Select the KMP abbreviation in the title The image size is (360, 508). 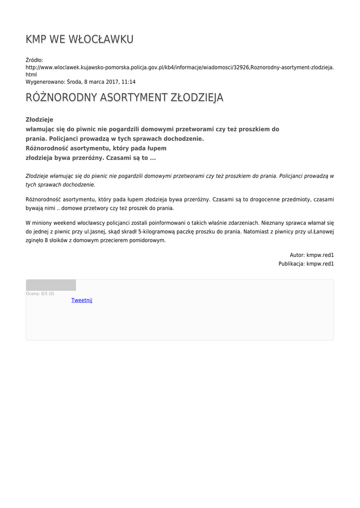[x=36, y=39]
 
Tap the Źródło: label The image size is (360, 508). [x=34, y=60]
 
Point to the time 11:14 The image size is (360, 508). [x=128, y=82]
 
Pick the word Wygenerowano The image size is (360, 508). [x=45, y=82]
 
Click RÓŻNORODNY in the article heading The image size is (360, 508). [x=62, y=98]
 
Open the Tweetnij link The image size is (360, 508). [x=82, y=300]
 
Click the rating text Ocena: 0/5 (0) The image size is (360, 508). [x=40, y=294]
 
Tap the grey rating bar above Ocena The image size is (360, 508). [x=51, y=285]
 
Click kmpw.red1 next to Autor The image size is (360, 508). [x=320, y=255]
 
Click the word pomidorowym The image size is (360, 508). [x=146, y=240]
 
